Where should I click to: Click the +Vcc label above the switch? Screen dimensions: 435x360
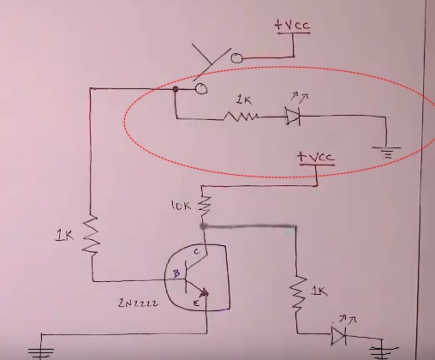click(x=292, y=25)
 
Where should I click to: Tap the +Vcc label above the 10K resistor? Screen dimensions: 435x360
click(x=315, y=157)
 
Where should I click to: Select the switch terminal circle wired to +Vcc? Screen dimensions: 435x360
click(x=236, y=58)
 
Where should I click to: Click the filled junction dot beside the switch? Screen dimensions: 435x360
click(x=176, y=89)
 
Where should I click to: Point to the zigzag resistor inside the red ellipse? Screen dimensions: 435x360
click(x=241, y=117)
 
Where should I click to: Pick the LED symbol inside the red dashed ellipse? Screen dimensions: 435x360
click(x=293, y=116)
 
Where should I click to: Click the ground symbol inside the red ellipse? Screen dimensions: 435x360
click(x=387, y=153)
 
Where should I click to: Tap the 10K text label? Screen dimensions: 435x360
click(x=181, y=205)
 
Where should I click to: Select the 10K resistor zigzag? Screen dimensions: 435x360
click(x=205, y=205)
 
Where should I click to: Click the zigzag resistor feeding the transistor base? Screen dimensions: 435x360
click(x=91, y=235)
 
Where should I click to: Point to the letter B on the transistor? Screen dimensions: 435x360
click(x=176, y=273)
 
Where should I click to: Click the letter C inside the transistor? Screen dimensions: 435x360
click(x=197, y=251)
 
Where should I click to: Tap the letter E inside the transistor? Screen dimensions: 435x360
click(x=196, y=303)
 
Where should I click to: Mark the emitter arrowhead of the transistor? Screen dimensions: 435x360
click(x=205, y=293)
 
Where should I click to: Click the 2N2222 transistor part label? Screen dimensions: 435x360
click(x=138, y=303)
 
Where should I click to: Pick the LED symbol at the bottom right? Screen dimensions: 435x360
click(x=339, y=335)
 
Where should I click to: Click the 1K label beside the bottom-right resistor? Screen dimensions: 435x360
click(x=319, y=291)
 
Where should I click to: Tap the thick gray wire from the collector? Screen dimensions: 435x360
click(x=248, y=226)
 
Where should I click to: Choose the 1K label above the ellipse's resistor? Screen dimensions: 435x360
click(x=244, y=100)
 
